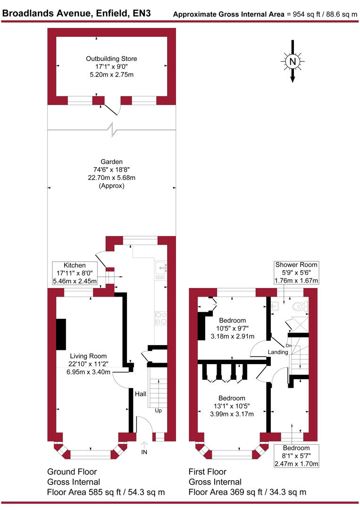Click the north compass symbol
click(x=293, y=62)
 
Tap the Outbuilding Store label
click(x=111, y=59)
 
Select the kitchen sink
click(x=160, y=268)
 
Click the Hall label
click(x=141, y=394)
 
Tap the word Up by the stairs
click(x=159, y=411)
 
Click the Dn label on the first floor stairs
click(x=289, y=346)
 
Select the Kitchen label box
click(x=75, y=273)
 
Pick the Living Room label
click(x=88, y=356)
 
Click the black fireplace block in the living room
click(x=61, y=334)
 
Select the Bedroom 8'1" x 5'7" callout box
click(x=296, y=456)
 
